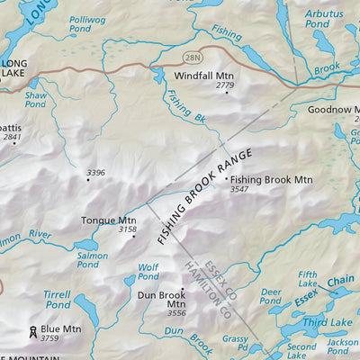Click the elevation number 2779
coord(224,86)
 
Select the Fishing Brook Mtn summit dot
coord(226,179)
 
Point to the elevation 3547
coord(239,190)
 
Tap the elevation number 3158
coord(128,230)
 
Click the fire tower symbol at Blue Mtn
coord(32,331)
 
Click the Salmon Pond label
coord(93,261)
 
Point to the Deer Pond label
coord(270,296)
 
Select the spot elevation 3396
coord(95,173)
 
